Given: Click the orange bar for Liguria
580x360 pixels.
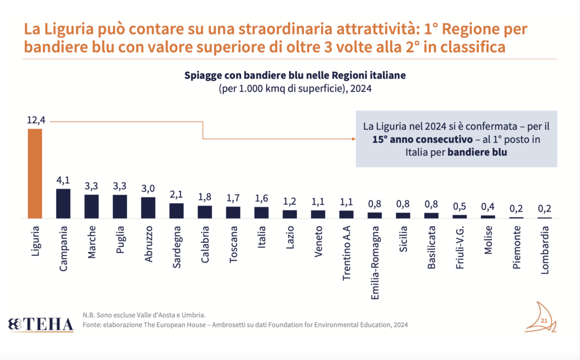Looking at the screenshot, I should tap(35, 173).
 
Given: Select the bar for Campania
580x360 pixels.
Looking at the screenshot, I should tap(63, 203).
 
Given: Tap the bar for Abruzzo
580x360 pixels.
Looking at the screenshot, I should tap(148, 207).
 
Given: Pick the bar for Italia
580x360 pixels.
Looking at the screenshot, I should tap(261, 212).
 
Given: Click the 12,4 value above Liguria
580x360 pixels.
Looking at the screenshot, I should tap(35, 120).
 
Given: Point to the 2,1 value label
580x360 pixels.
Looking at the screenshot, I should tap(176, 194).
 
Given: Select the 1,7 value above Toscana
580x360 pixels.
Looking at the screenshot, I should tap(233, 198).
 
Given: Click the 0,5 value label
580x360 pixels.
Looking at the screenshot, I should tap(459, 206).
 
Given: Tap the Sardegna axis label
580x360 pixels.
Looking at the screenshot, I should tap(176, 250).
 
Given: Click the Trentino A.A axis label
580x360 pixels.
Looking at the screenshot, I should tap(346, 258).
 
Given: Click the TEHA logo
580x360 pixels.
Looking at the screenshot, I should tap(41, 324).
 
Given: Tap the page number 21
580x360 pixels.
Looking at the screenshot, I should tap(544, 322).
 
